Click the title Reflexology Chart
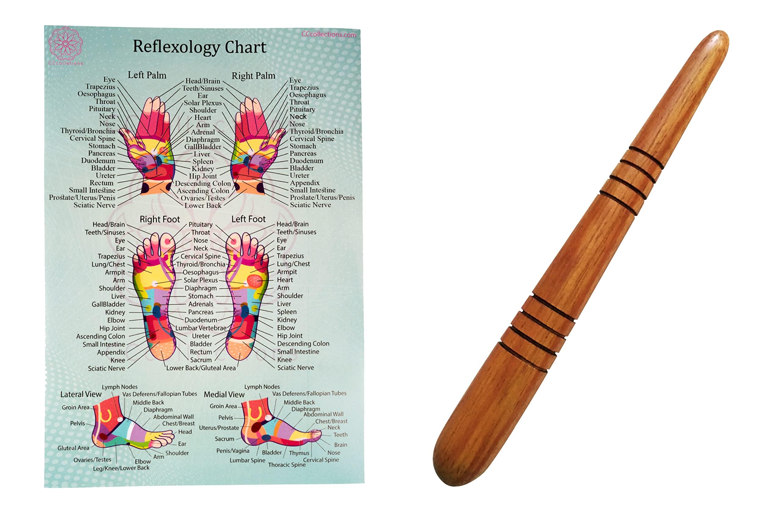[x=200, y=47]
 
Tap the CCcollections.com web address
[x=329, y=34]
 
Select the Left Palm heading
[x=147, y=75]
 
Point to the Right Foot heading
[x=160, y=219]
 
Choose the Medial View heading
[x=224, y=394]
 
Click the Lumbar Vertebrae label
[x=201, y=328]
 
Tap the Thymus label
[x=299, y=453]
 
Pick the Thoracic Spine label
[x=287, y=465]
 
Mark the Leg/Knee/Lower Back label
[x=121, y=468]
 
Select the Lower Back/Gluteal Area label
[x=201, y=368]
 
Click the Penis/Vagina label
[x=233, y=451]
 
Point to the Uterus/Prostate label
[x=219, y=428]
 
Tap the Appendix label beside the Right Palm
[x=304, y=183]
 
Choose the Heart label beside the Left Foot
[x=285, y=280]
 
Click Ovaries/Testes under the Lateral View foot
[x=92, y=460]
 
